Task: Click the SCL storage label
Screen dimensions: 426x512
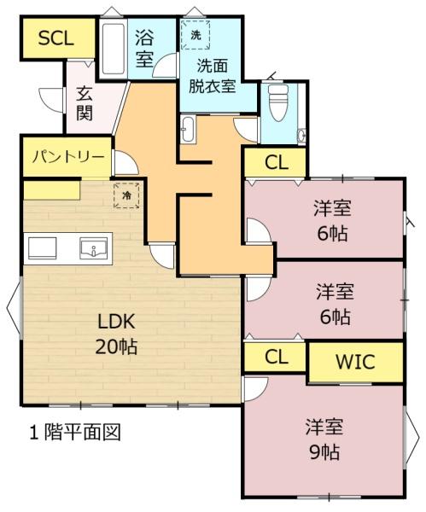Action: [55, 38]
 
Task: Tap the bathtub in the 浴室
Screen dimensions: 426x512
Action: [113, 48]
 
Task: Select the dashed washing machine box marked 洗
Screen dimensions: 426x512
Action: [195, 35]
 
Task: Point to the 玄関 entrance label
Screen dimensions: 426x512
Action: [85, 103]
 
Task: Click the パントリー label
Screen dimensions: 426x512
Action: [68, 157]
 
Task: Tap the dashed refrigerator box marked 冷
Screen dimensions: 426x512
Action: [126, 195]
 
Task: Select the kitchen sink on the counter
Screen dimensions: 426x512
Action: [94, 248]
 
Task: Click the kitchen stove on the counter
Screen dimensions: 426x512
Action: [43, 248]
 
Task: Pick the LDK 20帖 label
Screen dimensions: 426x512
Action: [117, 334]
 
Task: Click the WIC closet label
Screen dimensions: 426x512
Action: [355, 362]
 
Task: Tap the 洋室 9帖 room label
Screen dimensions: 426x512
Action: [324, 439]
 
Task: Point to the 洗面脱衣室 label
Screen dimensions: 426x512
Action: [213, 76]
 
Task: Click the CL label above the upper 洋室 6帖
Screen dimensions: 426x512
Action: [277, 162]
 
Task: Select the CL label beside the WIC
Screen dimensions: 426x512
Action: [277, 357]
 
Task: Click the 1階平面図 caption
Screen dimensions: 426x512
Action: [75, 433]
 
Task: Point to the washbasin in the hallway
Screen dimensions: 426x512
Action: [189, 130]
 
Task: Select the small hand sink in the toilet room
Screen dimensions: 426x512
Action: [301, 136]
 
